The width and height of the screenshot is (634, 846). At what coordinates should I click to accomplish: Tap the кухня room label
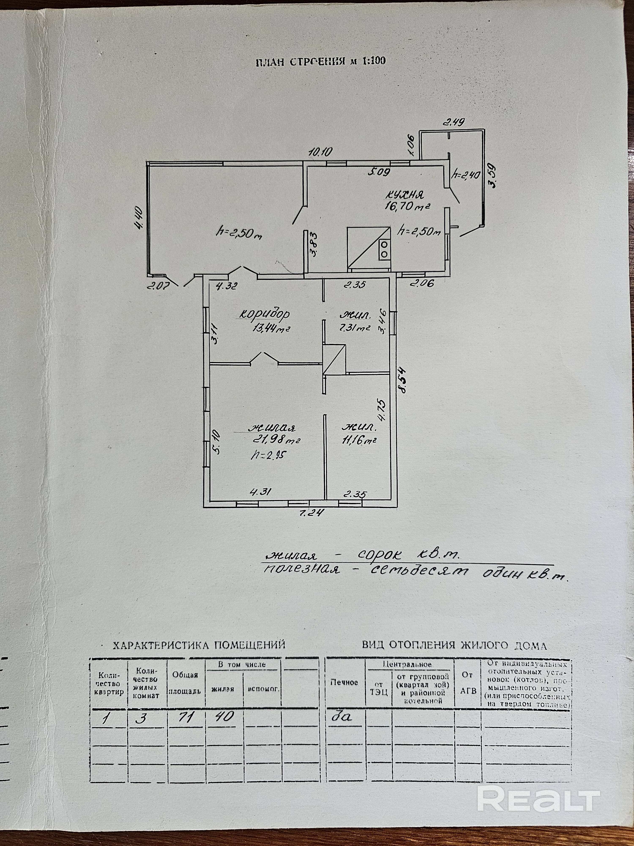pos(404,195)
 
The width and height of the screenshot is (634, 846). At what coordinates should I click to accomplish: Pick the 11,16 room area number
pos(359,440)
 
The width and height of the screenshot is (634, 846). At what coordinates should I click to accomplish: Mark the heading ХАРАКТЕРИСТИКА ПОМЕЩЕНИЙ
pos(199,645)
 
